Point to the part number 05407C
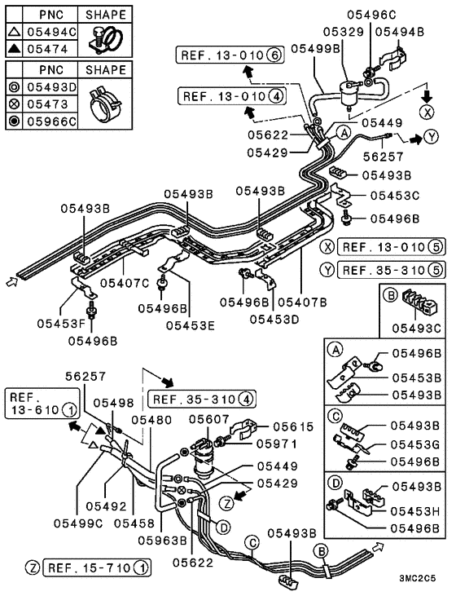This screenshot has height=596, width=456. (125, 284)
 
